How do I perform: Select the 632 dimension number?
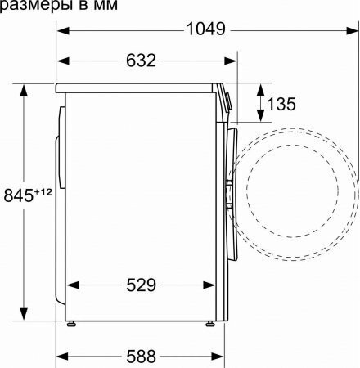pyautogui.click(x=142, y=61)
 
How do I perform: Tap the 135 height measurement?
pyautogui.click(x=281, y=105)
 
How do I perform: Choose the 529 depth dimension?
pyautogui.click(x=142, y=285)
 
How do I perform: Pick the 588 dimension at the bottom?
pyautogui.click(x=142, y=357)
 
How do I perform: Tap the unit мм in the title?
pyautogui.click(x=106, y=6)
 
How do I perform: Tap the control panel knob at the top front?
pyautogui.click(x=228, y=100)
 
